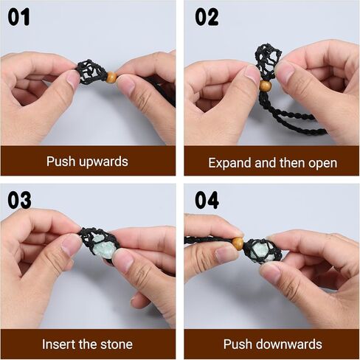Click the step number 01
20,16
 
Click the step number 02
207,16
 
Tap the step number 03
20,200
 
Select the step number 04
207,200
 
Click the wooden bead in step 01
111,77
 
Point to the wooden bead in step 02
265,86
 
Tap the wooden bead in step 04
238,243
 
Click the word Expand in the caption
229,162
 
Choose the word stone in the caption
115,345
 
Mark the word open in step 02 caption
322,162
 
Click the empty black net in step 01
92,72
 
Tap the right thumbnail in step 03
124,260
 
